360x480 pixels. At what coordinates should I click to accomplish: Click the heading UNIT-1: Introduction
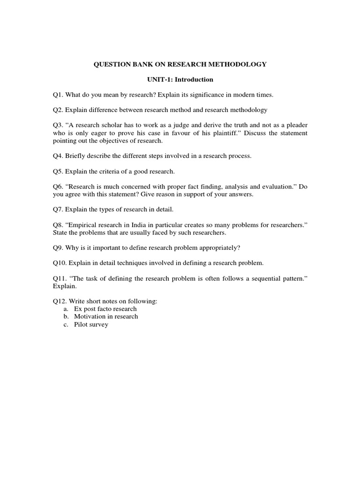click(180, 80)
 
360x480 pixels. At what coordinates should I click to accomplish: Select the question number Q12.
click(59, 301)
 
